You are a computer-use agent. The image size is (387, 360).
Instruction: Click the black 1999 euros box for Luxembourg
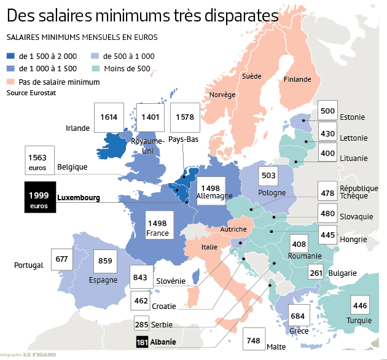click(40, 197)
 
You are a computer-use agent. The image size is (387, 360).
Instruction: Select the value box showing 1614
click(109, 117)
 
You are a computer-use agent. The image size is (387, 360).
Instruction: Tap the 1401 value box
click(150, 117)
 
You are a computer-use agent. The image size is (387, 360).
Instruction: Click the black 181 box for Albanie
click(141, 342)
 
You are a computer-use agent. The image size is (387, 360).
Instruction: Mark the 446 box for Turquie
click(360, 305)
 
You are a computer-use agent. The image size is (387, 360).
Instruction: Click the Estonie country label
click(352, 117)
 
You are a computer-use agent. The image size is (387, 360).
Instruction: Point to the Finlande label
click(298, 79)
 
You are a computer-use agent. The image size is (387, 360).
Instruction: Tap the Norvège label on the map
click(222, 95)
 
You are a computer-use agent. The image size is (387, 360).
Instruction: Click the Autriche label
click(233, 229)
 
